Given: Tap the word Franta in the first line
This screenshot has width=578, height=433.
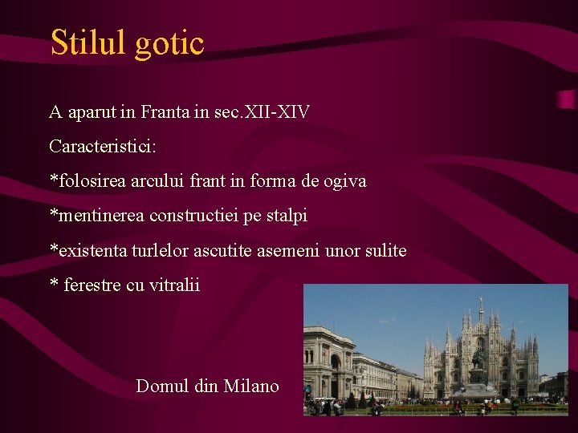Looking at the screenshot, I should [165, 112].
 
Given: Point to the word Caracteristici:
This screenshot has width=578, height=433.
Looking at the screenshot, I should [103, 148].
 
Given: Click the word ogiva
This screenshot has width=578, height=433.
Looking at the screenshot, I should [344, 182].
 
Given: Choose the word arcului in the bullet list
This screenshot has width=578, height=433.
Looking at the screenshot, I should [156, 182].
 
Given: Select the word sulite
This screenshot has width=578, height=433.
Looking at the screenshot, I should [385, 251].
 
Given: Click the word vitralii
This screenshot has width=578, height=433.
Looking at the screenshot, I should [174, 285].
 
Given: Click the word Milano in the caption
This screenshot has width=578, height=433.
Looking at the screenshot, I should [251, 386].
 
